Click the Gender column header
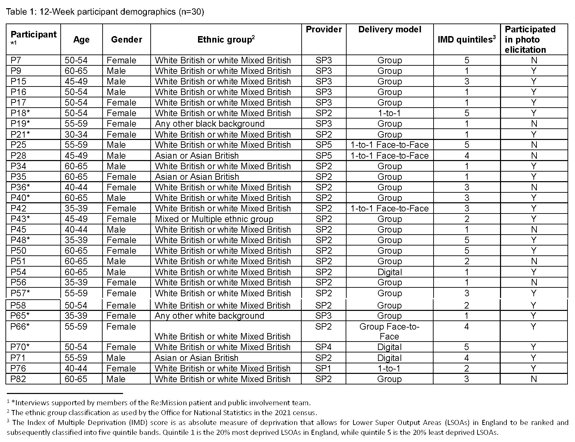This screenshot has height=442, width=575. (126, 40)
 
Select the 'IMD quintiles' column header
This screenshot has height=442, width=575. (466, 40)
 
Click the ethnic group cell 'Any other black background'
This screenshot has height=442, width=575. (210, 124)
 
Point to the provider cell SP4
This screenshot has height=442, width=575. (323, 347)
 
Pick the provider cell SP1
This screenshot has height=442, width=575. (323, 368)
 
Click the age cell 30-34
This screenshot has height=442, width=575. (76, 134)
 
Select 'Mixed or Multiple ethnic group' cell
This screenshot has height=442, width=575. (214, 219)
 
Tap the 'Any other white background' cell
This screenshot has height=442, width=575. (209, 316)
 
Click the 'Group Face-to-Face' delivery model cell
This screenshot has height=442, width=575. (389, 331)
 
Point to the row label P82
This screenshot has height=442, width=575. (18, 379)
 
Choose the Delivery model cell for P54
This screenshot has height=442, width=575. (390, 272)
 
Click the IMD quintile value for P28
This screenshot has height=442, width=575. (467, 156)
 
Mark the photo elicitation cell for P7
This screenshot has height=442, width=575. (534, 60)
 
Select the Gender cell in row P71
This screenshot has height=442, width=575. (116, 358)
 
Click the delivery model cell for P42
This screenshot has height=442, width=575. (390, 208)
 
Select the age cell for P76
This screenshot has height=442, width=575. (76, 368)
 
